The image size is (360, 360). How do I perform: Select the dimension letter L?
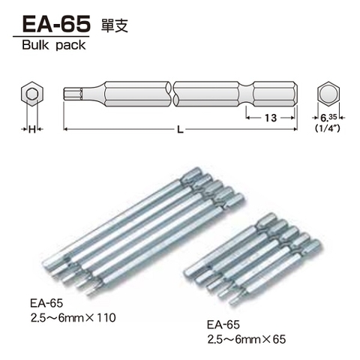(x=179, y=130)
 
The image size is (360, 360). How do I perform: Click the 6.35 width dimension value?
(x=327, y=118)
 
